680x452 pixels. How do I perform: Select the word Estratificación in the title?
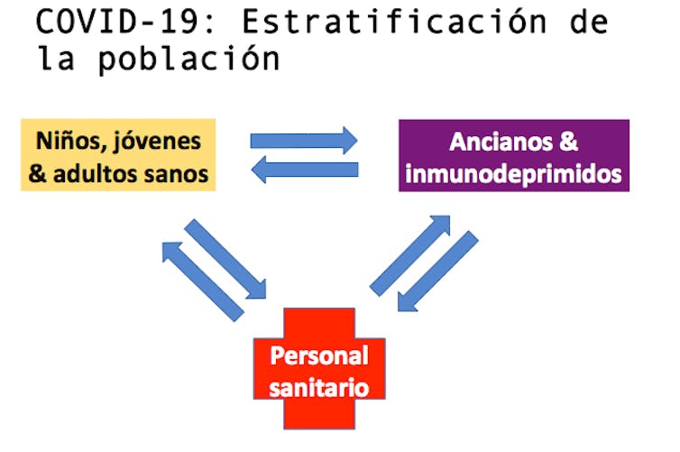pos(395,22)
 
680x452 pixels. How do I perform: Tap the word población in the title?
pos(189,59)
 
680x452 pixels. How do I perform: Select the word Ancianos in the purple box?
pos(501,142)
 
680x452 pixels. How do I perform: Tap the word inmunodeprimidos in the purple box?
pos(513,174)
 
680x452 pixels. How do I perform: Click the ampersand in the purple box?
pos(568,142)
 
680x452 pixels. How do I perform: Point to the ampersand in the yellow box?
pos(38,174)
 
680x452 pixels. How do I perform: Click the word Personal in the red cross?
pos(319,356)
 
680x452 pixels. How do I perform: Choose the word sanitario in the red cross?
pos(318,388)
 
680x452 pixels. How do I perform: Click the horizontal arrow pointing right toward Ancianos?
pos(304,141)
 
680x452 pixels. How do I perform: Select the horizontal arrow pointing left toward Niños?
pos(305,170)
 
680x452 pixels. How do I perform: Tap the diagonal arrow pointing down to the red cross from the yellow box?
pos(225,259)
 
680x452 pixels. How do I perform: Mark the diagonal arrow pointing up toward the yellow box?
pos(203,282)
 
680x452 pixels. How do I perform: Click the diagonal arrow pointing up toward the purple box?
pos(409,256)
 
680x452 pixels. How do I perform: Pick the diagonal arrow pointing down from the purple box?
pos(438,272)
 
